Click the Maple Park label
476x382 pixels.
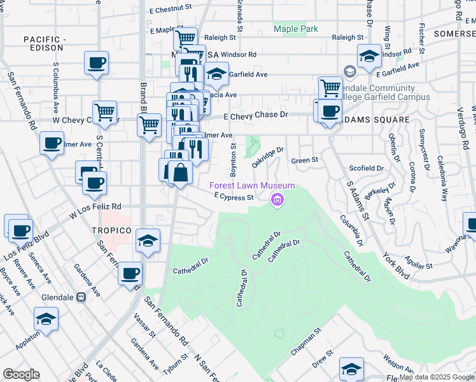pos(295,29)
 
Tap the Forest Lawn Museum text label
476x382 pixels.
pos(253,185)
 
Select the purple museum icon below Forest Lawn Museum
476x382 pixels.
pos(277,201)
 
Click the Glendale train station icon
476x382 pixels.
pos(81,297)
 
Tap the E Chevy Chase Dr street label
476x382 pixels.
pos(256,115)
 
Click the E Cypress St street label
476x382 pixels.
pos(234,197)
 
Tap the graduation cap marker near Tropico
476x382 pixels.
pos(148,241)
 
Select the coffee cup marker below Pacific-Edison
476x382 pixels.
pos(96,63)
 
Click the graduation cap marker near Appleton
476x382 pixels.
pos(46,318)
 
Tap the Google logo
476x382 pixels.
pos(21,374)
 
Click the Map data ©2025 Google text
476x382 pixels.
pos(437,377)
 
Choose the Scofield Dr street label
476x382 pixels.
pos(367,169)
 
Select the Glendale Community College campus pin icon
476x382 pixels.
pos(349,71)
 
